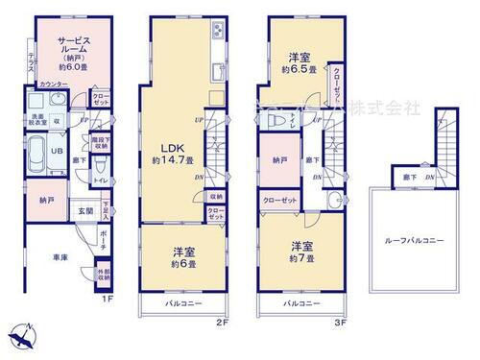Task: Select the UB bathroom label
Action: pos(57,151)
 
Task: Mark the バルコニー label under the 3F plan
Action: pos(300,303)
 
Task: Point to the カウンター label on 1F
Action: pos(57,84)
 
